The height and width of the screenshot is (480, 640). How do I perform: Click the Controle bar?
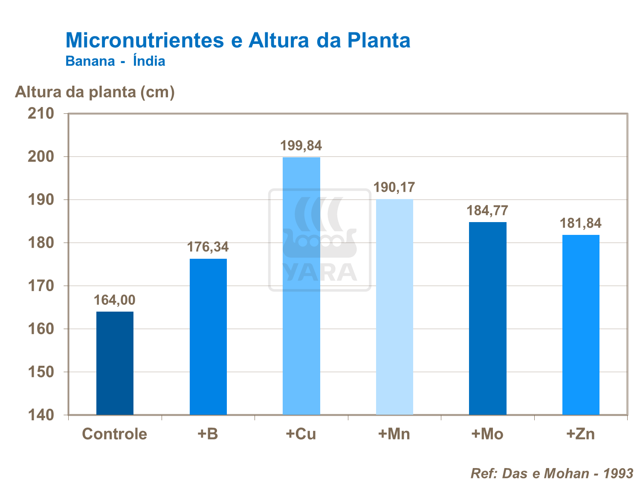(115, 363)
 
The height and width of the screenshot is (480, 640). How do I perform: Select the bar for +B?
(208, 337)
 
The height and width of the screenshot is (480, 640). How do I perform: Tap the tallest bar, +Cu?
(301, 286)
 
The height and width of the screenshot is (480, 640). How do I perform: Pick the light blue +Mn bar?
(394, 307)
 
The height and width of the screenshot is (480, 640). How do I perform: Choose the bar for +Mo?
(488, 318)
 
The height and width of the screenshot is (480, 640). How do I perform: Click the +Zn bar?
(581, 325)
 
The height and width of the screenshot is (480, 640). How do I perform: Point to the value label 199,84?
(301, 146)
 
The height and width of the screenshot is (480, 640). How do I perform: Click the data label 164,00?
(114, 300)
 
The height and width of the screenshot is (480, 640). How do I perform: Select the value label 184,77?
(487, 211)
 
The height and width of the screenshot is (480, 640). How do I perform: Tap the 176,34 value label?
(208, 247)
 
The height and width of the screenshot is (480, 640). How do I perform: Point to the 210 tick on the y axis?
(41, 113)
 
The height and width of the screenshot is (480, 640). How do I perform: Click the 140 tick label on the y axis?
(41, 415)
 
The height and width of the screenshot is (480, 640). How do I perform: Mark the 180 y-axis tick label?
(41, 243)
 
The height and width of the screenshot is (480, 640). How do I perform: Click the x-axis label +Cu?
(301, 434)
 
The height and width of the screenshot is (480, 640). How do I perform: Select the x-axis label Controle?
(114, 434)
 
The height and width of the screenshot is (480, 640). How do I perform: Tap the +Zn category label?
(580, 434)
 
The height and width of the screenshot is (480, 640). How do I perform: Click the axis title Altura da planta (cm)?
(95, 92)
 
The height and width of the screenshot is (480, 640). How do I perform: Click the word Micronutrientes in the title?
(145, 40)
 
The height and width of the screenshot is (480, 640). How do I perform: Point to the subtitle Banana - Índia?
(115, 61)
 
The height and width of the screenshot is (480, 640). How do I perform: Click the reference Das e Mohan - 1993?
(552, 473)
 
